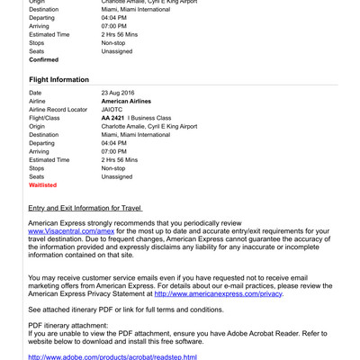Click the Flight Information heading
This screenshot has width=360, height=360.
59,80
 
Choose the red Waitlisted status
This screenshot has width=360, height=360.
43,185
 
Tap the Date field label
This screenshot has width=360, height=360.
35,93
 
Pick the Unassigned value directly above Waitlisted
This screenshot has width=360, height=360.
117,176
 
